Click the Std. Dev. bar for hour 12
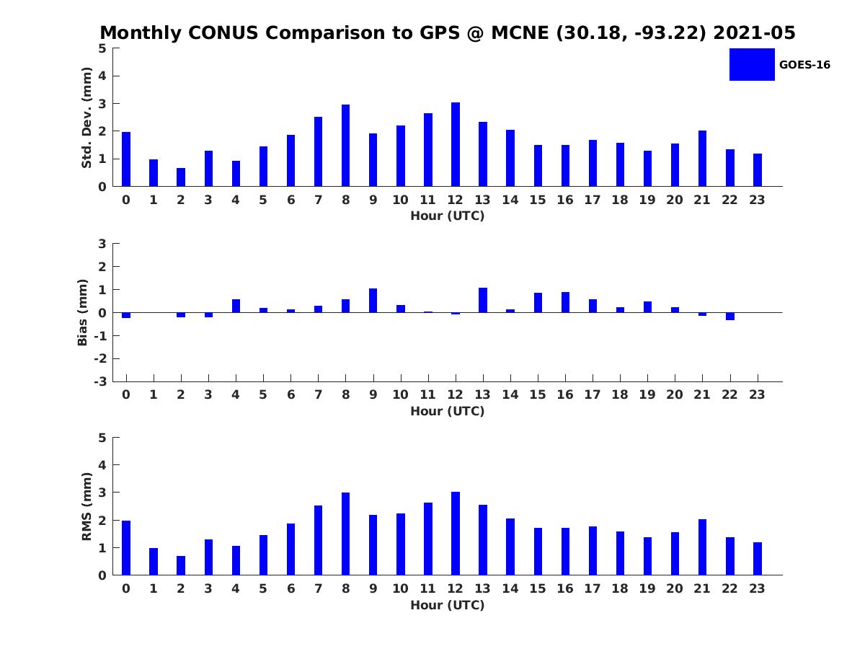(x=455, y=144)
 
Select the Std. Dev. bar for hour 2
(x=181, y=177)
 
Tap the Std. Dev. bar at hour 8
(x=345, y=146)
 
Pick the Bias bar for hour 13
(x=483, y=300)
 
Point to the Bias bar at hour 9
(x=373, y=301)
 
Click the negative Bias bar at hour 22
(x=729, y=317)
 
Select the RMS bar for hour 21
(x=702, y=547)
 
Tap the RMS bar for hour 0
(x=126, y=548)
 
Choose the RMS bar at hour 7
(x=318, y=541)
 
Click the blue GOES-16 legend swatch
(x=752, y=65)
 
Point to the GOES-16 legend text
(x=804, y=65)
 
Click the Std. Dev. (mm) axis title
(x=86, y=118)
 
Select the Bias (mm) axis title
(x=82, y=312)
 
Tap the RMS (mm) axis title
(x=86, y=506)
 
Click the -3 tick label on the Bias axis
(x=100, y=381)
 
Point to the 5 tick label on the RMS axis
(x=102, y=438)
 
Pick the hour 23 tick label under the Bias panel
(x=757, y=394)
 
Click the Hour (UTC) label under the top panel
(x=448, y=216)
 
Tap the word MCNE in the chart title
(x=520, y=32)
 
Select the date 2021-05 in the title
(x=754, y=32)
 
